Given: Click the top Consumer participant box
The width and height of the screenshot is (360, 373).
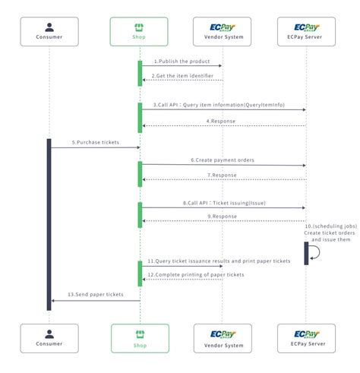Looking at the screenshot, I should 49,31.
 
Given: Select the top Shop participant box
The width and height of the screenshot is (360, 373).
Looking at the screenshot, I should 140,31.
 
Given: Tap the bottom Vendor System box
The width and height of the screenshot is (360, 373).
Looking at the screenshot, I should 223,337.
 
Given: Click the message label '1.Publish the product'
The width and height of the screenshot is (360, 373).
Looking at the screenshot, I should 182,61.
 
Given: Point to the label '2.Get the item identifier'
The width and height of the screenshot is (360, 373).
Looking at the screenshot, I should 182,75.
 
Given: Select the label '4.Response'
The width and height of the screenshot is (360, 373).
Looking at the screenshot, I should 222,120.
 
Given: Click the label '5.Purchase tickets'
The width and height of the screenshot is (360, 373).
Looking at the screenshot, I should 96,143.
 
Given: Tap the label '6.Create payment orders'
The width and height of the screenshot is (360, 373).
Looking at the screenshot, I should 222,160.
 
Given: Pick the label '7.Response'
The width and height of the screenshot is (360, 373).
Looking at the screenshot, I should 222,175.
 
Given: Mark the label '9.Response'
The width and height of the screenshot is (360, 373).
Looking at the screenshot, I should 222,216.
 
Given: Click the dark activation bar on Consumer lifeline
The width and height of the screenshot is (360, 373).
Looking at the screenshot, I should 49,224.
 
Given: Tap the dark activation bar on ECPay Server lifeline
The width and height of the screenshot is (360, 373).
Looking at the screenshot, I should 307,253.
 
